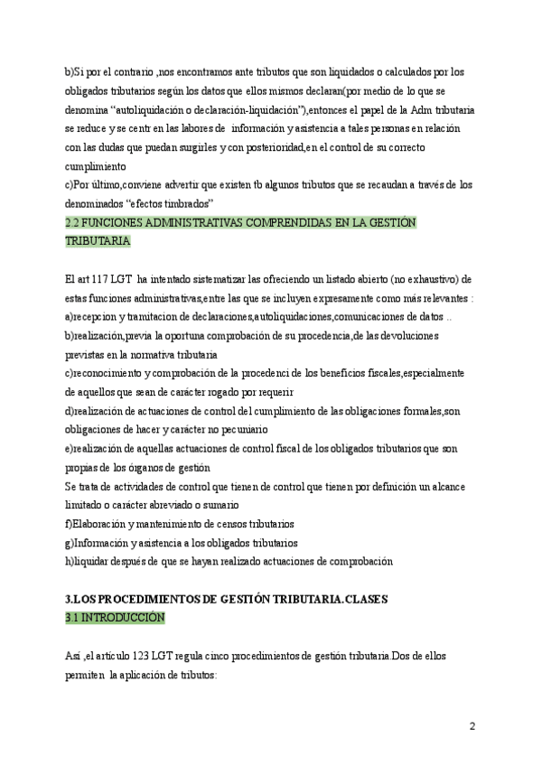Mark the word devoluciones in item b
click(x=406, y=335)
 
